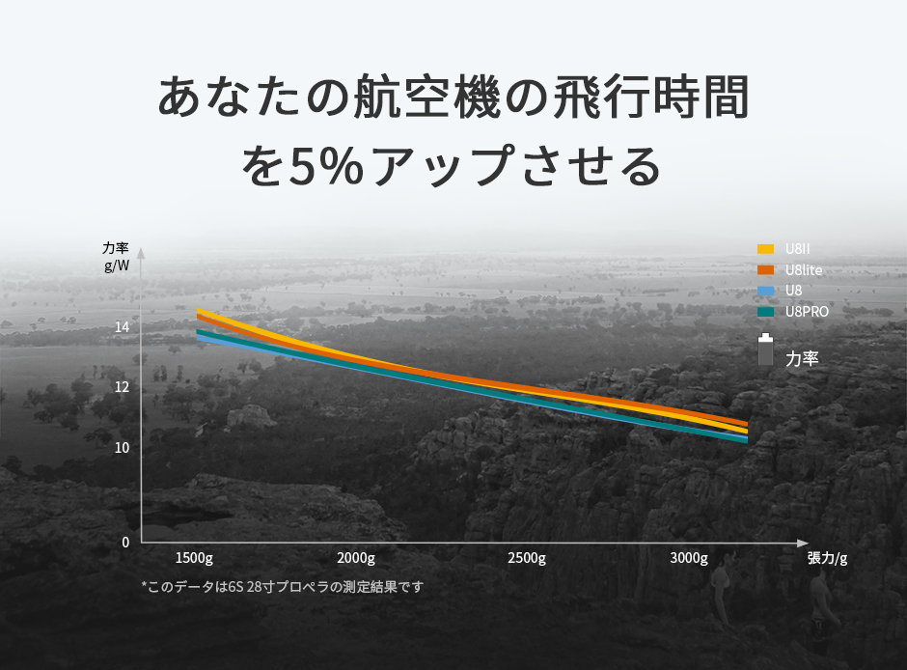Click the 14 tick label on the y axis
tap(122, 327)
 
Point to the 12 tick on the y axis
tap(122, 387)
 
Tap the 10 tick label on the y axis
tap(122, 448)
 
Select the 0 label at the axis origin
tap(125, 543)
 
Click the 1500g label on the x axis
tap(194, 558)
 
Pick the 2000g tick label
tap(356, 558)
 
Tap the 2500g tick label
tap(527, 558)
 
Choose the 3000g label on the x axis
tap(689, 558)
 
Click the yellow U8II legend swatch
tap(765, 249)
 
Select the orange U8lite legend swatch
tap(765, 270)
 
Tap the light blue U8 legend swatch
tap(765, 291)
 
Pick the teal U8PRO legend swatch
tap(765, 312)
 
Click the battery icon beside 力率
tap(765, 349)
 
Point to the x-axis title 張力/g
tap(827, 558)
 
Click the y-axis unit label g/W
tap(116, 266)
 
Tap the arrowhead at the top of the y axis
tap(141, 253)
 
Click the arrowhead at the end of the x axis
tap(803, 543)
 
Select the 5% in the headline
tap(326, 167)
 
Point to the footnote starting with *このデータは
tap(283, 587)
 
